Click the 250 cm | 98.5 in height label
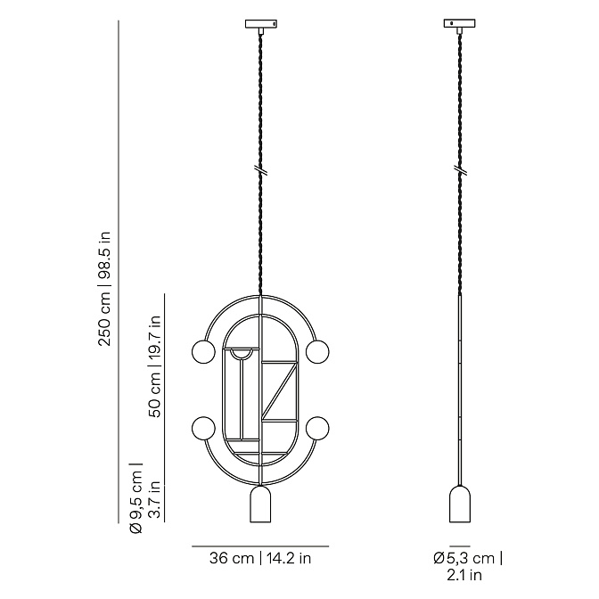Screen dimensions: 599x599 pyautogui.click(x=104, y=289)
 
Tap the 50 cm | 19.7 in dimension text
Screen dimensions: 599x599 pyautogui.click(x=154, y=366)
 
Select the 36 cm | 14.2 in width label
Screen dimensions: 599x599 pyautogui.click(x=260, y=559)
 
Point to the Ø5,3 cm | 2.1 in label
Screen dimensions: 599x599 pyautogui.click(x=468, y=566)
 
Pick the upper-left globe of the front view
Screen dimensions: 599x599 pyautogui.click(x=203, y=352)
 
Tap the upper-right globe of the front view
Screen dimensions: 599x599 pyautogui.click(x=317, y=352)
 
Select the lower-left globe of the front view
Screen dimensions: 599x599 pyautogui.click(x=203, y=428)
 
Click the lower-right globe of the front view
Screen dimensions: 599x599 pyautogui.click(x=317, y=428)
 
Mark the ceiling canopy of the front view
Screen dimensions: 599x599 pyautogui.click(x=261, y=24)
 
